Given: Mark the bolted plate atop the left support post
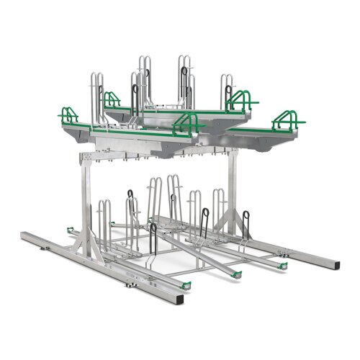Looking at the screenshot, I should pyautogui.click(x=89, y=158).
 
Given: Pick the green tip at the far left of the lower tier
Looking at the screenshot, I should pyautogui.click(x=69, y=229).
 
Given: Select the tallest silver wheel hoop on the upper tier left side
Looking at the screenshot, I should pyautogui.click(x=142, y=79).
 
